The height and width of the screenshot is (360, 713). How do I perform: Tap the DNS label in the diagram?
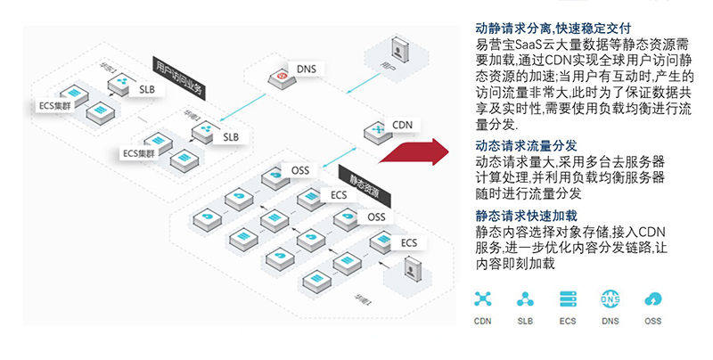pos(306,70)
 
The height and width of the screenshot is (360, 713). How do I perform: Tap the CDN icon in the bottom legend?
pos(483,299)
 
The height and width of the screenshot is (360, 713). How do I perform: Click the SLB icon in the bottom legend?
pos(526,299)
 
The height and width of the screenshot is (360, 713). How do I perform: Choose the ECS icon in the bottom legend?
pos(568,299)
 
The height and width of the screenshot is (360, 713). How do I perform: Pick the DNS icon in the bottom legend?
pos(611,299)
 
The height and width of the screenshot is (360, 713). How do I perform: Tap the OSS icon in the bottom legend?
pos(652,299)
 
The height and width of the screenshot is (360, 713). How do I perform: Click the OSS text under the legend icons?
pos(652,321)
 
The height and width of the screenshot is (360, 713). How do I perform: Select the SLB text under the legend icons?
pos(526,321)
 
